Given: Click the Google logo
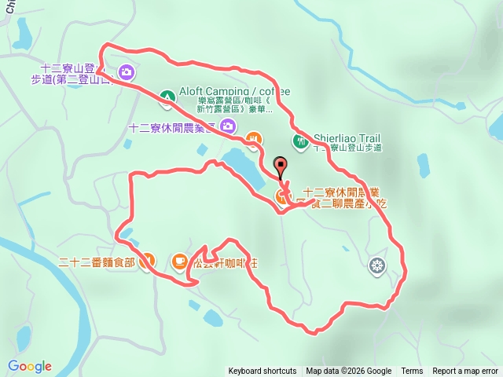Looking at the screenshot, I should (30, 366).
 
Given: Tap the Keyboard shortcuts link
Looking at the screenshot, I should (263, 372).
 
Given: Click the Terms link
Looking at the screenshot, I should (412, 372).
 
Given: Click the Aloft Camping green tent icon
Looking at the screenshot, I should (167, 97).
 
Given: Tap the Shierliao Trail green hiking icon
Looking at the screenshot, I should (300, 141).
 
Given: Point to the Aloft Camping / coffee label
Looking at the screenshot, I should (224, 92).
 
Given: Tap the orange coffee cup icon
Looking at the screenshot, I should (179, 261).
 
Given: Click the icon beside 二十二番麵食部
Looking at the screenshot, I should (147, 262).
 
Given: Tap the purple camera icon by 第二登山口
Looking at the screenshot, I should (127, 74).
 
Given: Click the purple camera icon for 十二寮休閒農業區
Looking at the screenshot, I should (227, 126).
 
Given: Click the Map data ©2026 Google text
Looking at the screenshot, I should (348, 372).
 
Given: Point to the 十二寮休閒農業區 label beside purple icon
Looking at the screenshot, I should (172, 126).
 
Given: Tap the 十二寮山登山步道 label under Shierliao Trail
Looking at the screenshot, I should (347, 147).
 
